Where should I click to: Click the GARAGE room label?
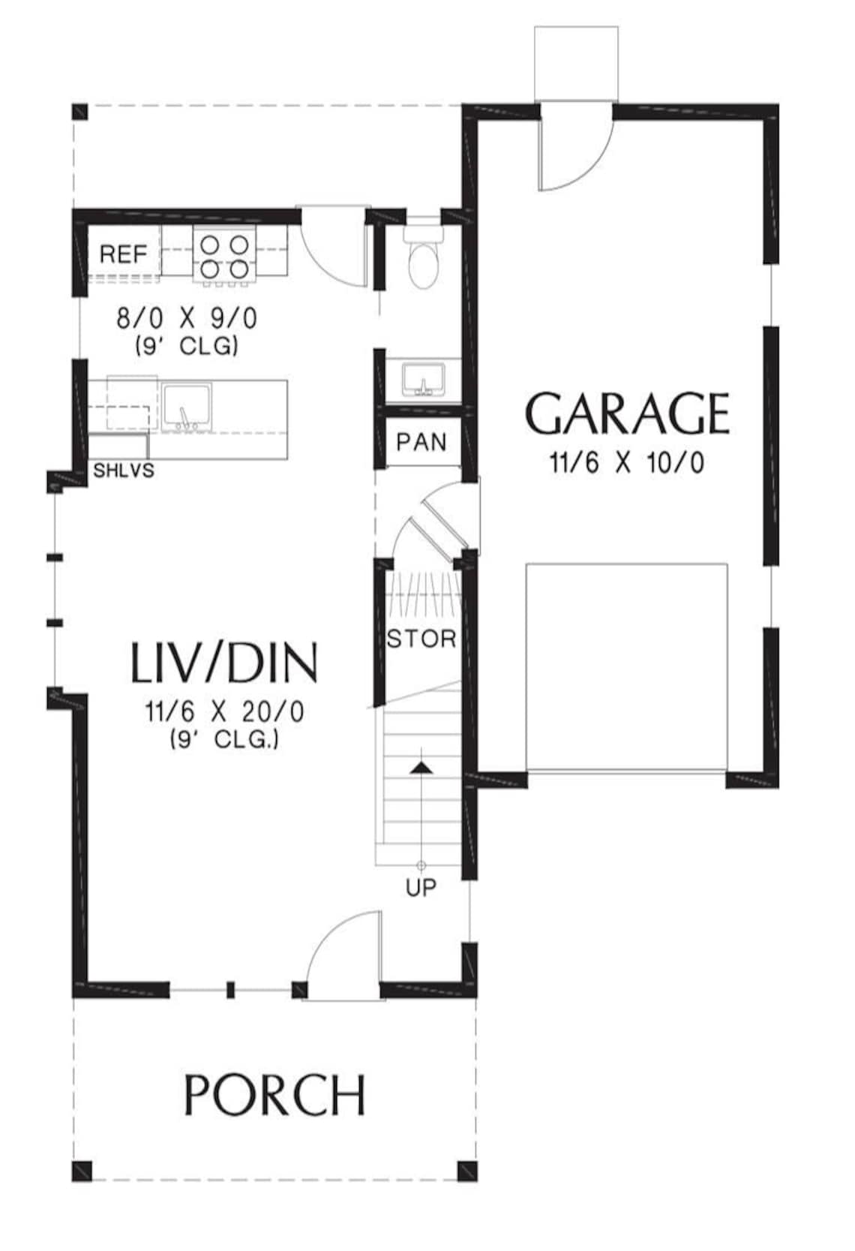tap(627, 414)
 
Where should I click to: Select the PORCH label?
tap(274, 1095)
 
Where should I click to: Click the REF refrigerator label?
tap(124, 254)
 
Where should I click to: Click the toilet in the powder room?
tap(424, 259)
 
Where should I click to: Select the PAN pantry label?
tap(421, 442)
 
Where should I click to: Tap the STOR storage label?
tap(421, 639)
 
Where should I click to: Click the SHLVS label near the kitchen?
tap(124, 471)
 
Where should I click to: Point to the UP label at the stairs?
tap(421, 888)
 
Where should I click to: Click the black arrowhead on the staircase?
tap(422, 766)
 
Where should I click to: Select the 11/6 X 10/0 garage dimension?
tap(627, 463)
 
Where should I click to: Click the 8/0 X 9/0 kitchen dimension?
tap(187, 319)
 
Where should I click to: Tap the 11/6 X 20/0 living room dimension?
tap(225, 711)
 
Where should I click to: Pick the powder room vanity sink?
tap(424, 379)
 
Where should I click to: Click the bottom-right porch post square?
tap(466, 1171)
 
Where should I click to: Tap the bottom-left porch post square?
tap(82, 1171)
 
